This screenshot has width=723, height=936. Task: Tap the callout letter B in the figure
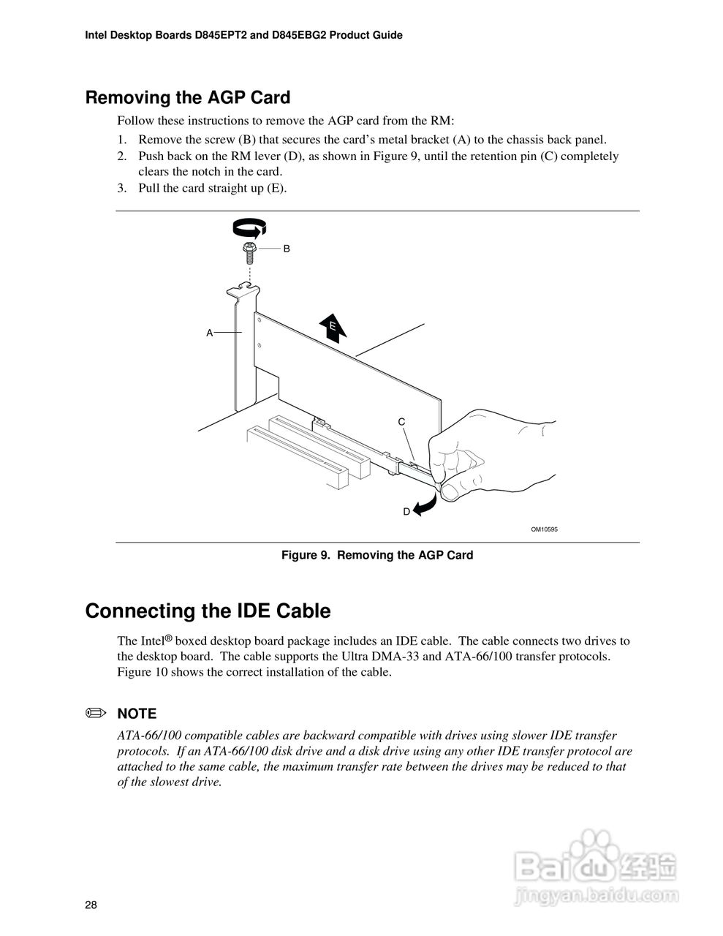pos(287,249)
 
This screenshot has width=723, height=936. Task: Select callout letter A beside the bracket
pos(209,333)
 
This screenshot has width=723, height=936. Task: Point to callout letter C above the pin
pos(401,422)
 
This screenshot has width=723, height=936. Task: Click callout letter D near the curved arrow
pos(406,512)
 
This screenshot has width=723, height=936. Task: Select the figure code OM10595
pos(544,529)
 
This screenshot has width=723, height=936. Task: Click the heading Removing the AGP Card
pos(188,97)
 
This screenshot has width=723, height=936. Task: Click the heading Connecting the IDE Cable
pos(208,611)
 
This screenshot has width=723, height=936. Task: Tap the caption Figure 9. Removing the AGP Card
pos(377,555)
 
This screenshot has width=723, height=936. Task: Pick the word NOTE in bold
pos(137,714)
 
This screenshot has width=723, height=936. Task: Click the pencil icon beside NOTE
pos(96,713)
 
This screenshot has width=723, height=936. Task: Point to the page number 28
pos(91,905)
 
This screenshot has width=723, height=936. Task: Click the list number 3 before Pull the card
pos(122,188)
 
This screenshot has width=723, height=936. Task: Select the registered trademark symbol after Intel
pos(168,638)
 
